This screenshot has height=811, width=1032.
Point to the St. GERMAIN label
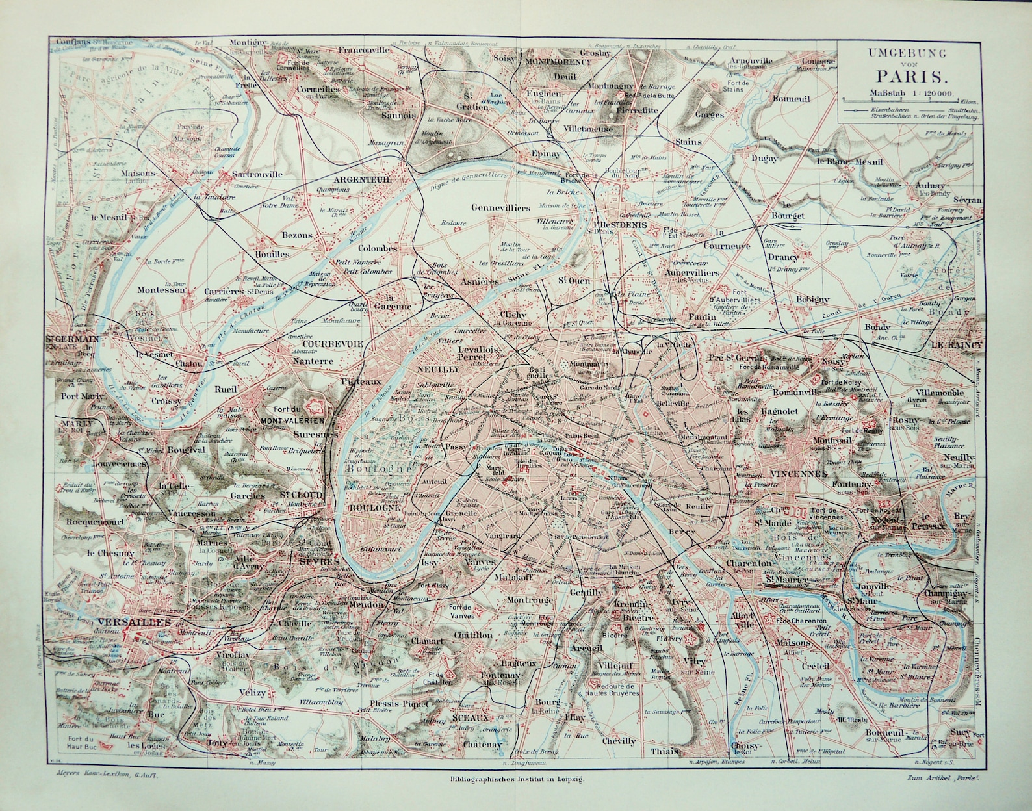point(72,339)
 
